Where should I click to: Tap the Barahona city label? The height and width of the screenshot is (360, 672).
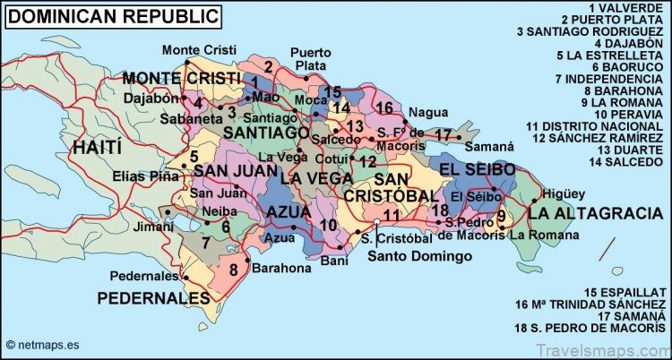pos(281,268)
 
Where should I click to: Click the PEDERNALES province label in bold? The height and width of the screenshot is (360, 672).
pos(153,296)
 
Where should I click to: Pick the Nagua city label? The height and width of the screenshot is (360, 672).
pos(426,112)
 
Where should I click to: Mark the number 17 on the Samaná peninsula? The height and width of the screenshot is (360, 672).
pos(443,135)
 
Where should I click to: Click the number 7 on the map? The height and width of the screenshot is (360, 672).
pos(205,243)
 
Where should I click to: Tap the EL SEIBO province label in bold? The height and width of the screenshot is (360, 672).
pos(477,168)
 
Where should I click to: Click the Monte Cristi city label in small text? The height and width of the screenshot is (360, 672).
pos(194,48)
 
